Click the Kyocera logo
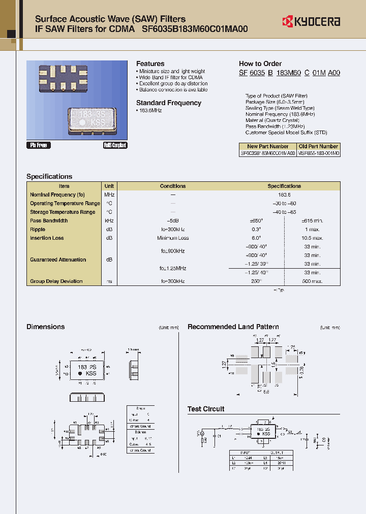tap(311, 21)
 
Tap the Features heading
tap(150, 63)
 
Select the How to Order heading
tap(260, 63)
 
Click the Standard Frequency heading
tap(169, 103)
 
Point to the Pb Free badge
tap(39, 145)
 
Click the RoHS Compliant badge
tap(115, 145)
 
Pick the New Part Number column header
tap(267, 146)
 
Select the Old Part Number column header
tap(318, 146)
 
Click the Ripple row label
tap(39, 229)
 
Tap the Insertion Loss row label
tap(47, 238)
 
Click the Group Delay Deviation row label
tap(56, 281)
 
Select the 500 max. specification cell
tap(312, 281)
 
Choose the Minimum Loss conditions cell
tap(173, 238)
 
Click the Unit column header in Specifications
tap(109, 186)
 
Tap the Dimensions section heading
tap(45, 327)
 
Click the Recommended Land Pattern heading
tap(233, 327)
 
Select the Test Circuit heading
tap(206, 409)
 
